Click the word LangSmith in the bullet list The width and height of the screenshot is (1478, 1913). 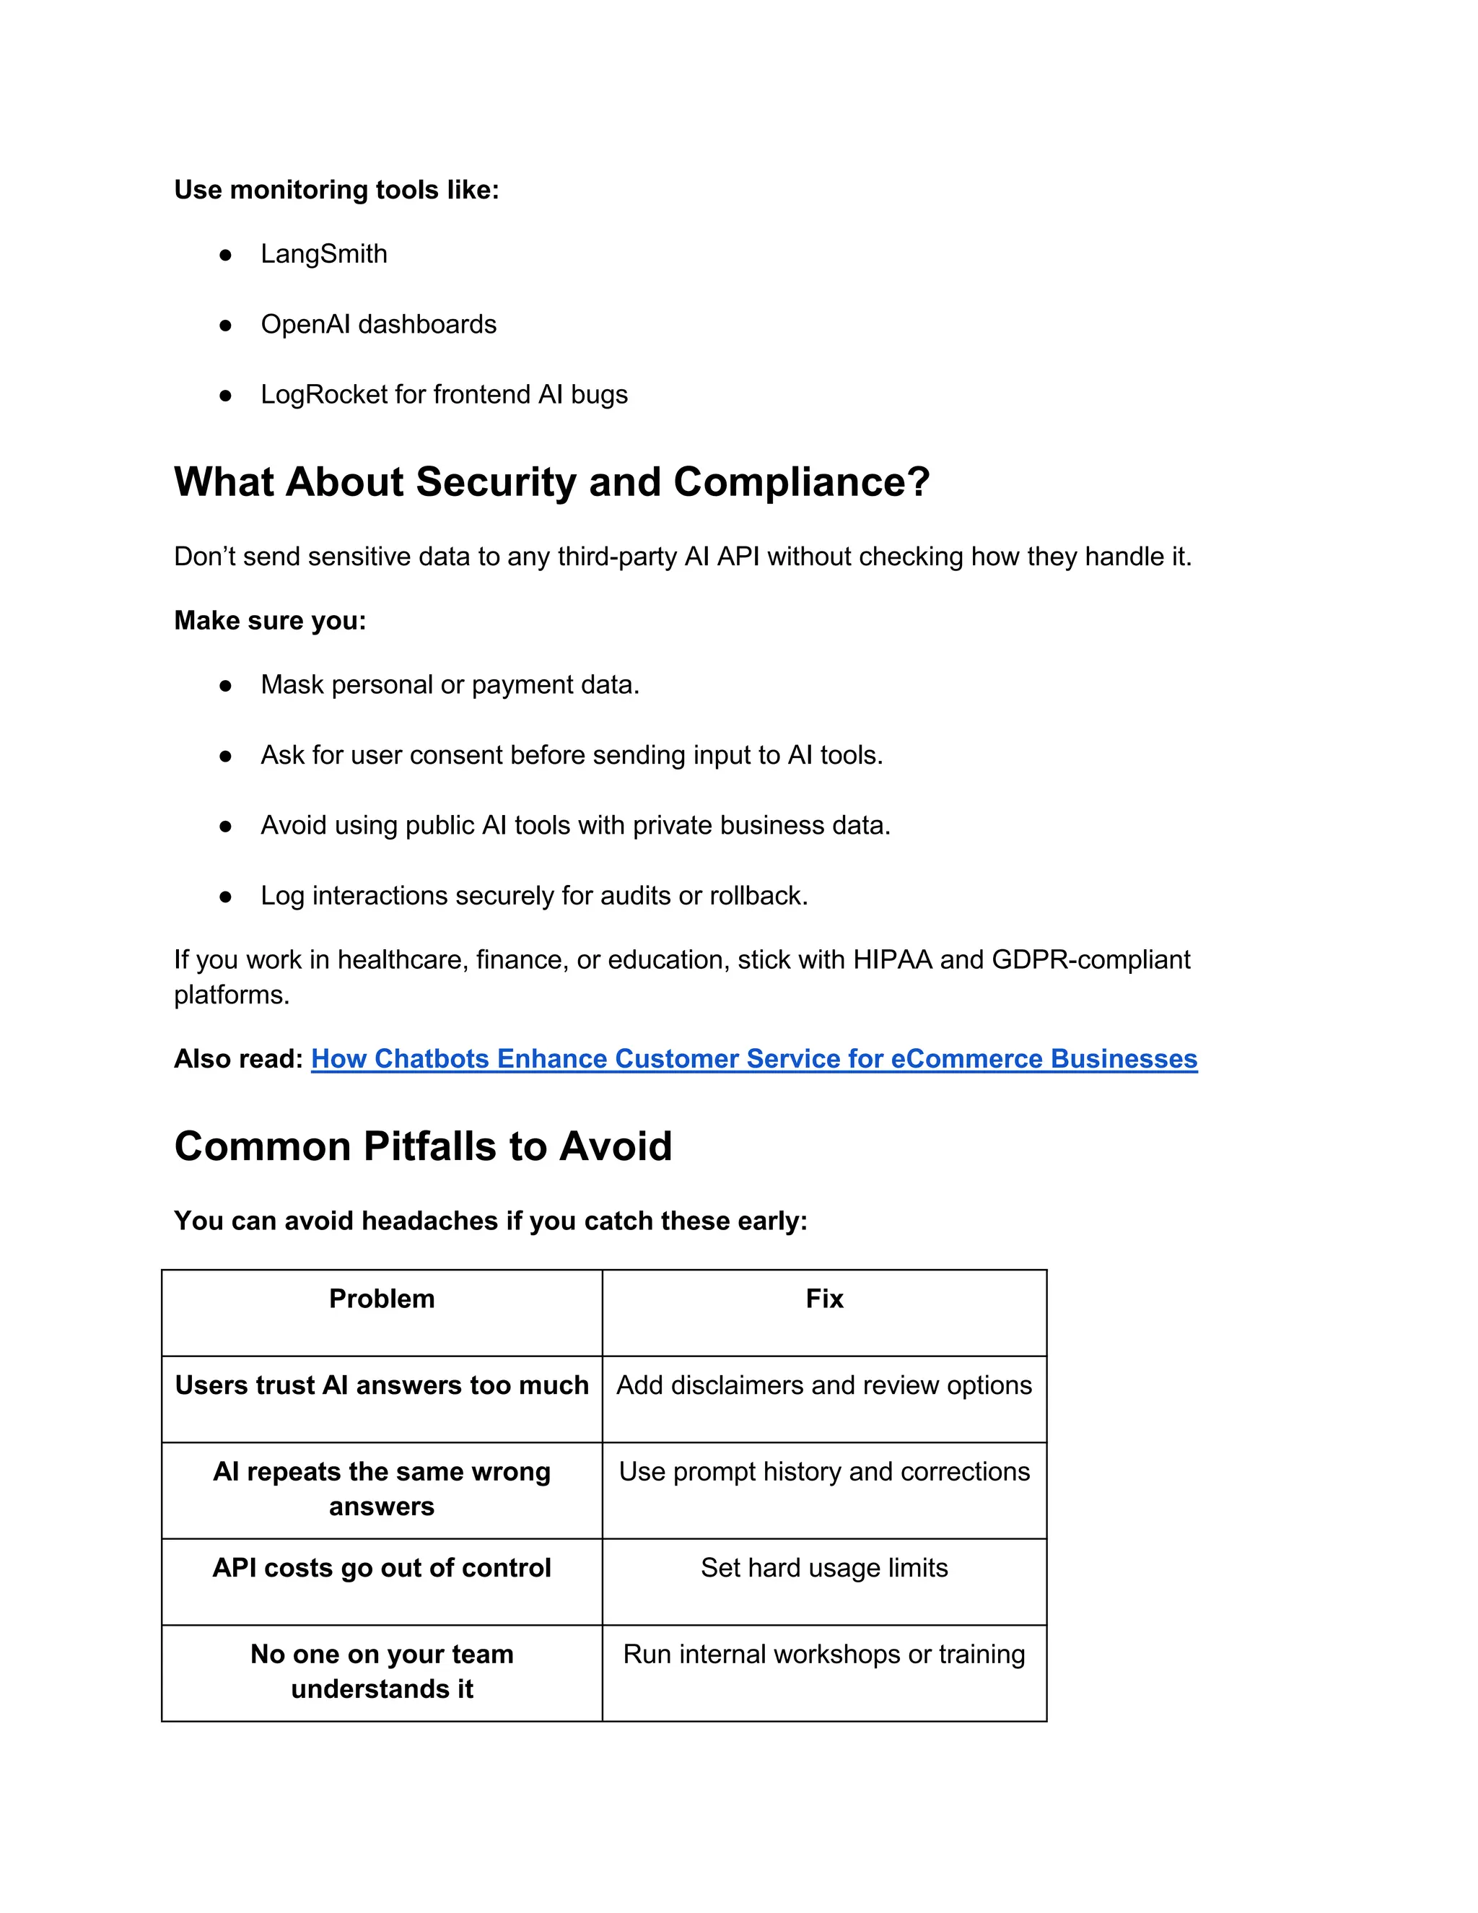323,254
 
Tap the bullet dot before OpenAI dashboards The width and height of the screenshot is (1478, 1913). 225,325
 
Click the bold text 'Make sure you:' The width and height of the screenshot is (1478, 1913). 270,620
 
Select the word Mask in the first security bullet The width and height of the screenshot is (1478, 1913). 292,685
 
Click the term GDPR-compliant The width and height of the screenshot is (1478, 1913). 1090,960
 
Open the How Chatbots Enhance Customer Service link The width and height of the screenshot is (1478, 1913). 753,1059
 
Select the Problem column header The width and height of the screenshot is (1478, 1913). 382,1299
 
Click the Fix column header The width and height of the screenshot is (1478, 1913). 824,1299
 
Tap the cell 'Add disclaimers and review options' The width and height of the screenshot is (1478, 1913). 824,1386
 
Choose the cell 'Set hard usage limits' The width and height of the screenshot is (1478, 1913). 824,1568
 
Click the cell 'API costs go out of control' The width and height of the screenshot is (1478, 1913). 382,1568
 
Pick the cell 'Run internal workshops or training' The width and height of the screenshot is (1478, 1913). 824,1655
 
